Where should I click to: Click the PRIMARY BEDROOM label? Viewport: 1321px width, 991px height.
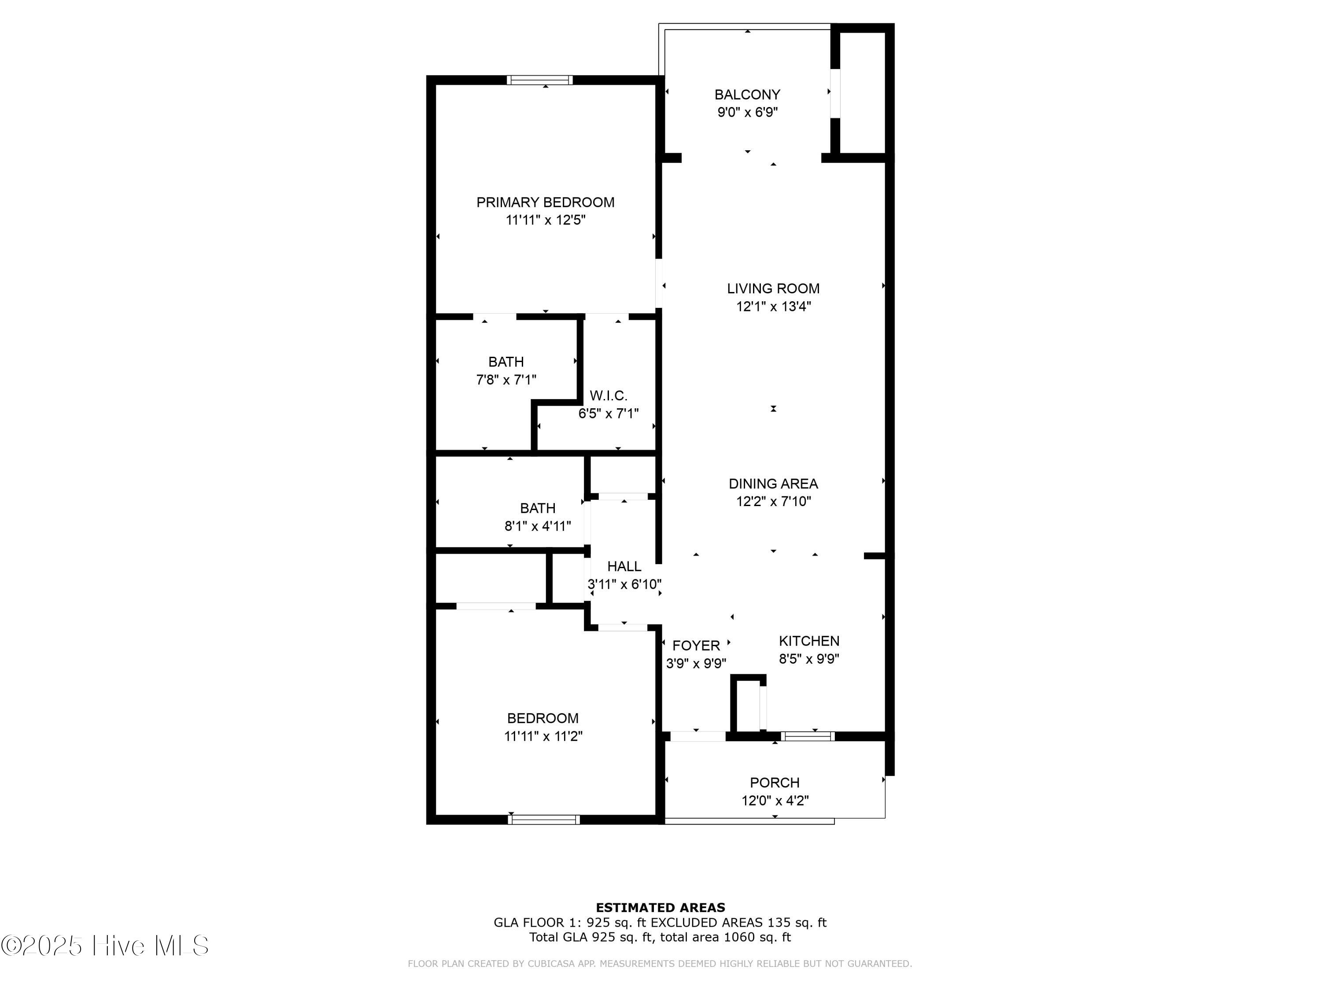click(x=545, y=203)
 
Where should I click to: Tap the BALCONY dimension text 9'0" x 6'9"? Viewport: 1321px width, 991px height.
click(x=747, y=112)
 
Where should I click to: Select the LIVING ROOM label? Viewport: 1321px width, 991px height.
click(x=773, y=288)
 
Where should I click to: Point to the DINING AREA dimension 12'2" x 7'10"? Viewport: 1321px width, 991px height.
click(x=773, y=502)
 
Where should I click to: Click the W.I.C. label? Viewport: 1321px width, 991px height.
click(x=608, y=396)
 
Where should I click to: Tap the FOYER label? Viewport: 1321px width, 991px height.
click(x=696, y=646)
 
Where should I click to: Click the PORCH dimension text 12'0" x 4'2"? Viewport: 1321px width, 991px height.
click(x=775, y=800)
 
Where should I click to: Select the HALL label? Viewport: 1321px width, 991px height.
click(x=624, y=566)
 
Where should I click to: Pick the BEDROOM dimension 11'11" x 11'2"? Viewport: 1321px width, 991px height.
click(x=543, y=736)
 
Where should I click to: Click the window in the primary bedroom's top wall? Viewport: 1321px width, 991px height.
click(x=540, y=80)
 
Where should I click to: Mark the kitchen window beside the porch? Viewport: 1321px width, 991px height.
click(x=808, y=736)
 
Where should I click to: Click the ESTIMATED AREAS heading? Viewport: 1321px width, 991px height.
click(x=660, y=908)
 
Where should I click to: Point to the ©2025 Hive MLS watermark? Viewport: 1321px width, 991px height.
click(x=105, y=946)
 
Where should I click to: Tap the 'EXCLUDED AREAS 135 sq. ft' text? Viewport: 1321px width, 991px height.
click(x=738, y=923)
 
